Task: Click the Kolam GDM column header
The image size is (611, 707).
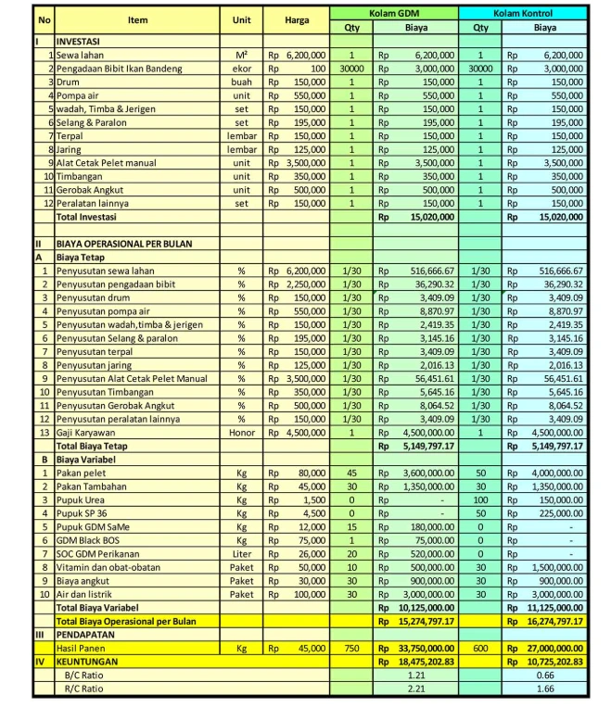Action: (394, 13)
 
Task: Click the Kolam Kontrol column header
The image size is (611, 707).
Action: (523, 13)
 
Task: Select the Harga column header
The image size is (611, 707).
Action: (297, 19)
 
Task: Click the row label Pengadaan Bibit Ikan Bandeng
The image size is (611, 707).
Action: (120, 69)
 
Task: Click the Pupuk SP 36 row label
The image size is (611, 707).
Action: (82, 512)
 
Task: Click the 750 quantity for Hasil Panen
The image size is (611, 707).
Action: (351, 649)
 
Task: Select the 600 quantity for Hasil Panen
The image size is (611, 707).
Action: (480, 649)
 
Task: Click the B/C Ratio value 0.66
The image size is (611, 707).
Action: (545, 675)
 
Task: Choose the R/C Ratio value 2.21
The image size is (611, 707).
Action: (416, 688)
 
